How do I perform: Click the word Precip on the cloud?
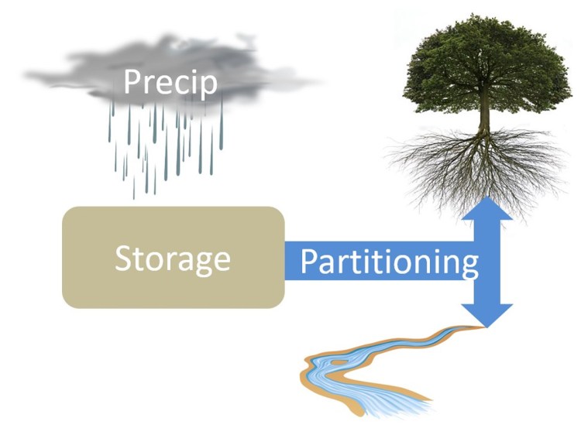[170, 83]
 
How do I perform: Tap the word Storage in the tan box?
[172, 259]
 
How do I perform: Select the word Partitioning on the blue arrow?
[389, 263]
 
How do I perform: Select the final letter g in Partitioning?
[469, 267]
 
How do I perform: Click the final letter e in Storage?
[222, 261]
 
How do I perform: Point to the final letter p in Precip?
[208, 85]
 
